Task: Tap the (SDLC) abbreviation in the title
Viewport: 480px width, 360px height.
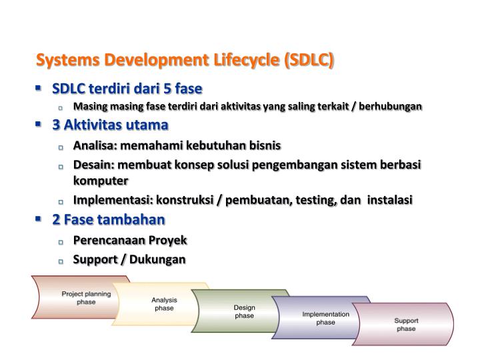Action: [309, 61]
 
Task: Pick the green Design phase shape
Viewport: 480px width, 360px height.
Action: [244, 311]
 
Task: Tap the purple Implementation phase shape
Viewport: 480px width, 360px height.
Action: [325, 318]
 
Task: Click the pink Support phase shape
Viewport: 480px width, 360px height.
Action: [406, 325]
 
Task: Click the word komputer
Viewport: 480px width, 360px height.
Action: [100, 181]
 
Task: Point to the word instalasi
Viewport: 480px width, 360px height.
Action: [390, 200]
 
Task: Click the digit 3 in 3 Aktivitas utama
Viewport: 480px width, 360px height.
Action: [56, 125]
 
